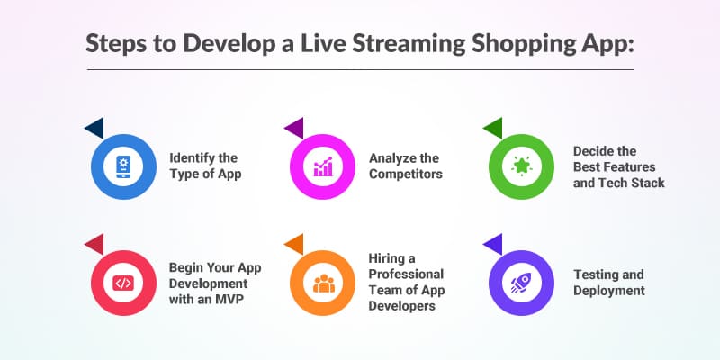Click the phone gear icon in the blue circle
pyautogui.click(x=123, y=166)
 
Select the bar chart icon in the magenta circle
pyautogui.click(x=321, y=166)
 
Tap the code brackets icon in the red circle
pyautogui.click(x=123, y=283)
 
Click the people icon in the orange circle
pyautogui.click(x=321, y=283)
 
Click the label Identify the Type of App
pyautogui.click(x=206, y=166)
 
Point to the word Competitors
pyautogui.click(x=406, y=174)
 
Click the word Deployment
pyautogui.click(x=610, y=290)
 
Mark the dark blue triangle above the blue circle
pyautogui.click(x=94, y=129)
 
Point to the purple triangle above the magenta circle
pyautogui.click(x=293, y=129)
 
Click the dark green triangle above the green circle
pyautogui.click(x=492, y=129)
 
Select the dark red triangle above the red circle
pyautogui.click(x=94, y=243)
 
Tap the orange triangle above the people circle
pyautogui.click(x=293, y=243)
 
